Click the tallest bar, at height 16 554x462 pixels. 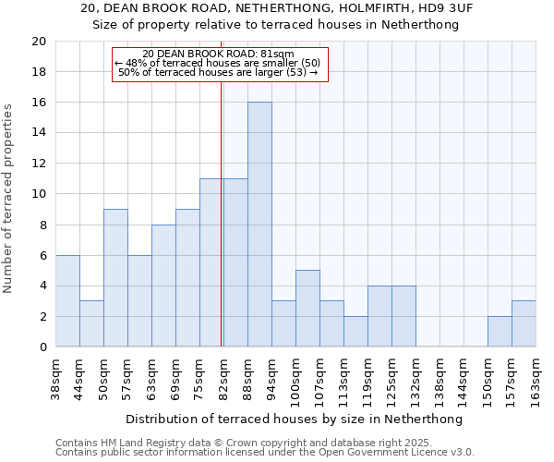pyautogui.click(x=259, y=225)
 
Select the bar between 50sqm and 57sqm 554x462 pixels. pyautogui.click(x=115, y=278)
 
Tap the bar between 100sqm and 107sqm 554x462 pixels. pyautogui.click(x=307, y=309)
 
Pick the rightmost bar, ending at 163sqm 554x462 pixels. pyautogui.click(x=524, y=324)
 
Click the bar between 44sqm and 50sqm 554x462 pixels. pyautogui.click(x=91, y=324)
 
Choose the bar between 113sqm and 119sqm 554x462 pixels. pyautogui.click(x=355, y=332)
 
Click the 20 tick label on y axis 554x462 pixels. pyautogui.click(x=38, y=42)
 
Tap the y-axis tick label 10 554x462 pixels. pyautogui.click(x=38, y=194)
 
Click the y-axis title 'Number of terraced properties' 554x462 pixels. pyautogui.click(x=8, y=198)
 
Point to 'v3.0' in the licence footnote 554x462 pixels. pyautogui.click(x=461, y=453)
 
